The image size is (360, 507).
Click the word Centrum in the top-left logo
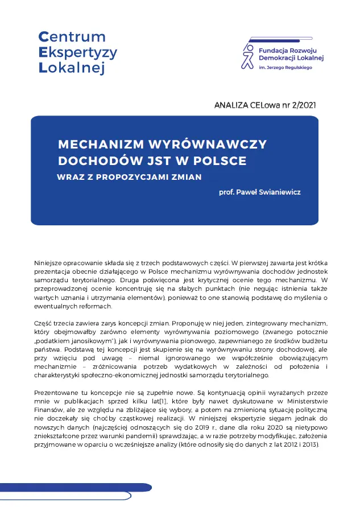(64, 37)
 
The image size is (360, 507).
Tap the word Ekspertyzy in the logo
(77, 53)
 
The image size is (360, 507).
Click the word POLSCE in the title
(219, 160)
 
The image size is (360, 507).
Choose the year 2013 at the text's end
(310, 444)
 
